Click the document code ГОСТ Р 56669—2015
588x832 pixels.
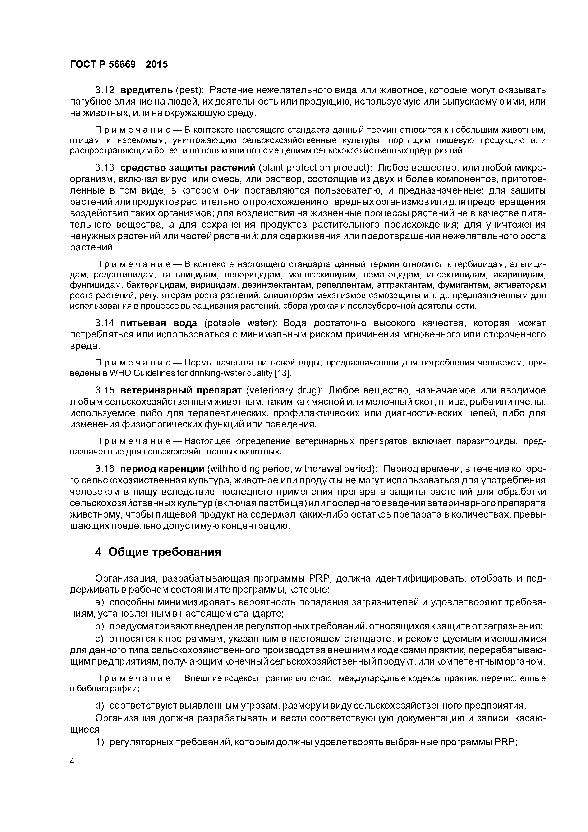pyautogui.click(x=119, y=65)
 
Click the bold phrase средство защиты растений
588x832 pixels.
pyautogui.click(x=188, y=168)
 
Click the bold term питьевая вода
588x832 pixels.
pyautogui.click(x=159, y=323)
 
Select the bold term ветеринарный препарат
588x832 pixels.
pyautogui.click(x=181, y=391)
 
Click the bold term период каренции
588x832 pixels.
pyautogui.click(x=162, y=469)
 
